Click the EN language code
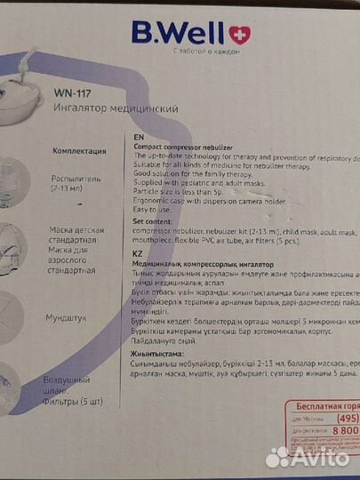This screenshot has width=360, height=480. coord(137,139)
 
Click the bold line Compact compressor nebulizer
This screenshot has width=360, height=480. coord(191,148)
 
